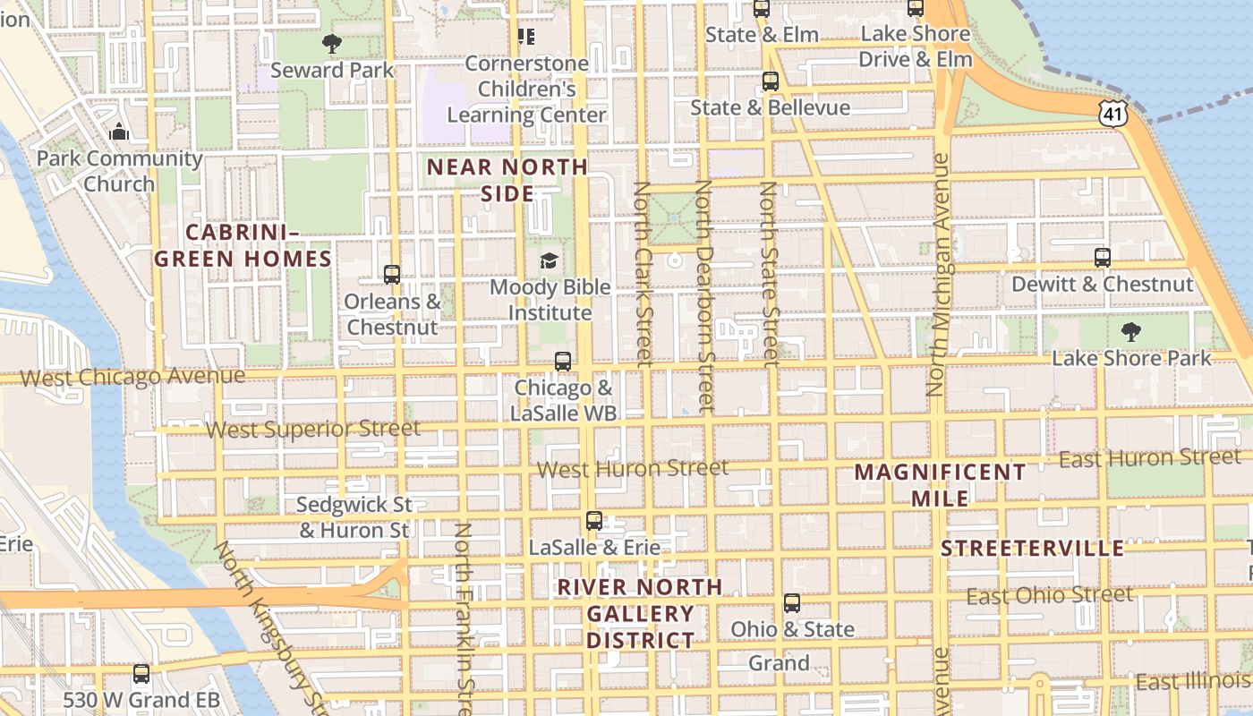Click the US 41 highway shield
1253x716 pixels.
click(x=1112, y=113)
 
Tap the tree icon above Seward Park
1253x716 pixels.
click(x=332, y=43)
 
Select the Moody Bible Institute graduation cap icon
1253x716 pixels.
click(x=549, y=261)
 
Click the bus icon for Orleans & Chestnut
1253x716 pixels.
click(x=391, y=275)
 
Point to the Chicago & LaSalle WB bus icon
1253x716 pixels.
click(x=562, y=362)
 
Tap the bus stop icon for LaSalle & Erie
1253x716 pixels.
click(x=593, y=521)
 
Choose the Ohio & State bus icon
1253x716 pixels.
click(x=792, y=603)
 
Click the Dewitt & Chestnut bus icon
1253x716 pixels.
click(x=1103, y=258)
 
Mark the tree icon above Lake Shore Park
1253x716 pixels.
click(x=1131, y=333)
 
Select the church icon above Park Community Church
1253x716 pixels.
click(x=119, y=132)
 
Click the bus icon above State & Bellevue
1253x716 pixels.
click(x=770, y=81)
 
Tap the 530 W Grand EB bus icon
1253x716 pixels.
click(x=141, y=673)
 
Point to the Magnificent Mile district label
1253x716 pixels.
click(x=940, y=485)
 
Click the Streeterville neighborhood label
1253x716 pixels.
click(x=1032, y=549)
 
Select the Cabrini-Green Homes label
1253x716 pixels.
click(x=243, y=246)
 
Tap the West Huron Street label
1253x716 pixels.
click(x=632, y=468)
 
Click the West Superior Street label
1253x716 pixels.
click(x=312, y=430)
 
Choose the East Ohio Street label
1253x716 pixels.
click(x=1049, y=595)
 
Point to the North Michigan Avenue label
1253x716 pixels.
click(x=937, y=276)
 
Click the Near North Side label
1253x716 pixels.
click(x=507, y=180)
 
